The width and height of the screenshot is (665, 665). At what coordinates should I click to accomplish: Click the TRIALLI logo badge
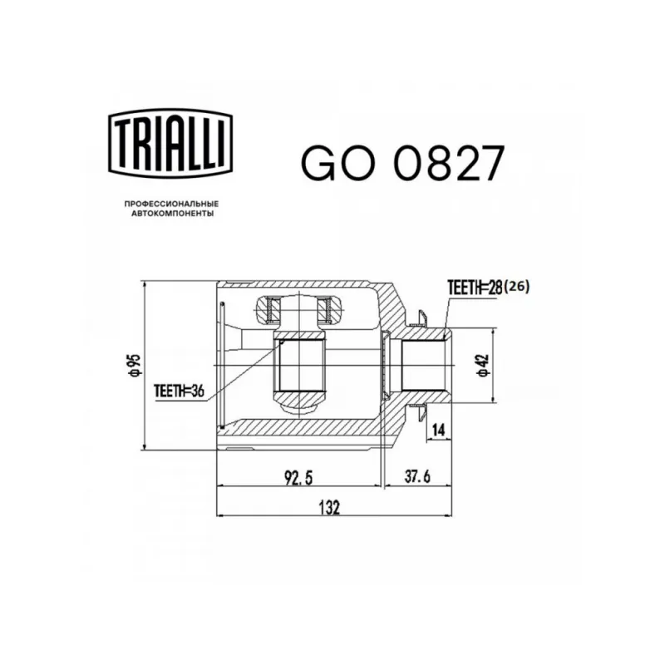click(x=170, y=143)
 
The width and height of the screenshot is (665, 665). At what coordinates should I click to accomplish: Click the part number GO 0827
click(x=403, y=163)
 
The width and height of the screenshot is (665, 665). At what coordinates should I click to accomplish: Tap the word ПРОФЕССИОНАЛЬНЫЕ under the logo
click(x=171, y=204)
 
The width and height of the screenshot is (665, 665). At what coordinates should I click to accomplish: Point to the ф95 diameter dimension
click(x=135, y=365)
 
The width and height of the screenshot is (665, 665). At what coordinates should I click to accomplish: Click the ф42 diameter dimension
click(x=483, y=365)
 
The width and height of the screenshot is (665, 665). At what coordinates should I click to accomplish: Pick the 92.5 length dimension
click(x=298, y=478)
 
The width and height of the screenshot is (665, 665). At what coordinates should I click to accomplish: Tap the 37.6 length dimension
click(x=417, y=476)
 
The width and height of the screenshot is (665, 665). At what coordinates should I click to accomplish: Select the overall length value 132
click(x=329, y=507)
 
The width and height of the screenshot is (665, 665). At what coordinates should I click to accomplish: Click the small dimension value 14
click(x=439, y=430)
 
